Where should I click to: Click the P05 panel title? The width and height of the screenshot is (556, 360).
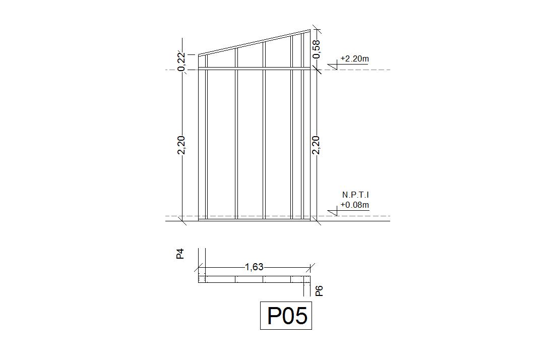pyautogui.click(x=287, y=316)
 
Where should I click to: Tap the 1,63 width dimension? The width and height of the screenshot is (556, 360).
pyautogui.click(x=254, y=267)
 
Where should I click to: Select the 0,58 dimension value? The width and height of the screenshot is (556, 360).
pyautogui.click(x=316, y=49)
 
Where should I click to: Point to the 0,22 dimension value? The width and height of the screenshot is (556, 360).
pyautogui.click(x=181, y=62)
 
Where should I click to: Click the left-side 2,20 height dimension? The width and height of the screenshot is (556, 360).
pyautogui.click(x=181, y=145)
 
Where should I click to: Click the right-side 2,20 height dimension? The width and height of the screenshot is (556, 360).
pyautogui.click(x=316, y=145)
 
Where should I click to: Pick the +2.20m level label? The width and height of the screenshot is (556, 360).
pyautogui.click(x=354, y=59)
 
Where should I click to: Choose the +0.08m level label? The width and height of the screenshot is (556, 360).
pyautogui.click(x=354, y=205)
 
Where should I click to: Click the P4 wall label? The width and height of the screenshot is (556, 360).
pyautogui.click(x=180, y=254)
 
